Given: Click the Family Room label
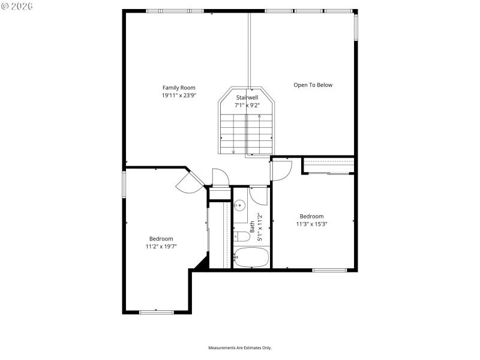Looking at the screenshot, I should tap(179, 88).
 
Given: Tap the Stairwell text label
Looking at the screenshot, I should tap(247, 97).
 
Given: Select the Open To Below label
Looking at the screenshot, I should tap(313, 85).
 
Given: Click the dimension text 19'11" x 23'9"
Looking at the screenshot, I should tap(179, 95).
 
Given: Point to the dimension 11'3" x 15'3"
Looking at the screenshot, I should tap(311, 224).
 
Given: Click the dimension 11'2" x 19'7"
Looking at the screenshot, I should tap(161, 246).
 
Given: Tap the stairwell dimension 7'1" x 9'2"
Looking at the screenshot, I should tap(247, 105).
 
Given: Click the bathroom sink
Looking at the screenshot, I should tap(239, 206).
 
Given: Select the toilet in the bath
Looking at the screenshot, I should tap(240, 236).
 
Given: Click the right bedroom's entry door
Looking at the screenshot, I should tap(281, 170).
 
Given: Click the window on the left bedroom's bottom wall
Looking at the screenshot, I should tap(156, 311).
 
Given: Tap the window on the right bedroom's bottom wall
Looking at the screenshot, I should tap(329, 270).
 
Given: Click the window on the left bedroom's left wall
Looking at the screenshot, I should tap(124, 184).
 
